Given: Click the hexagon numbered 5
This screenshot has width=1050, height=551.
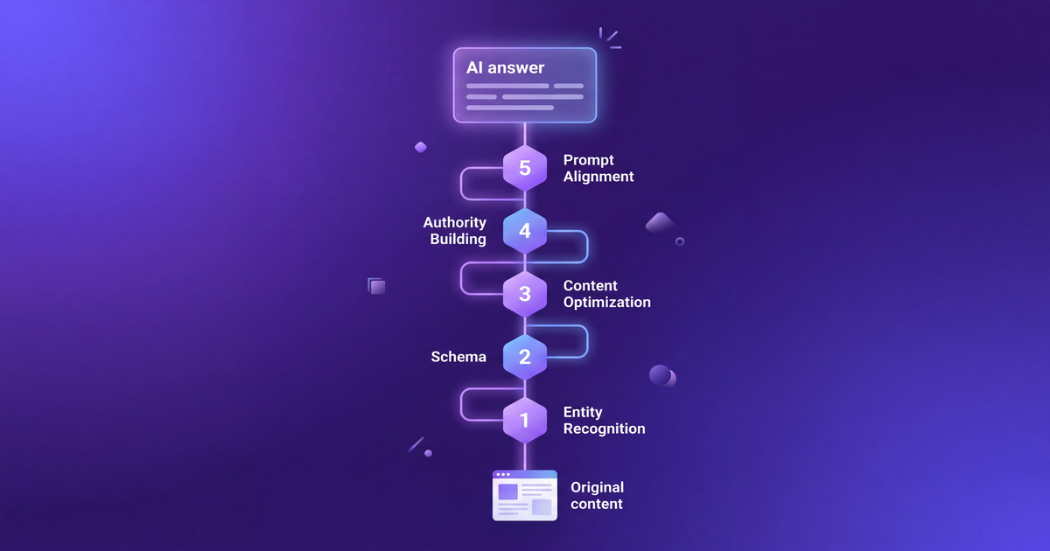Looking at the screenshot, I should click(x=525, y=168).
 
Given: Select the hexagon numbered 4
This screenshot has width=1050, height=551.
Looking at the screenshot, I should click(x=525, y=231).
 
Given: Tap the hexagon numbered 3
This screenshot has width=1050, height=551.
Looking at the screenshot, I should click(x=525, y=294).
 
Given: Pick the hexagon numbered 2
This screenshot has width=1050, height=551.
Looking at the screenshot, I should click(x=525, y=357).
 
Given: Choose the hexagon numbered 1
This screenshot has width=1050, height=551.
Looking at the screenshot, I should click(x=525, y=420).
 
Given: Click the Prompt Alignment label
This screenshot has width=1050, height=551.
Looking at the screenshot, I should click(x=598, y=168).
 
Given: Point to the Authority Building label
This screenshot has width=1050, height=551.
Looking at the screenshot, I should click(x=455, y=231).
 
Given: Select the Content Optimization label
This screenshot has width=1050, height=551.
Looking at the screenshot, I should click(x=606, y=294).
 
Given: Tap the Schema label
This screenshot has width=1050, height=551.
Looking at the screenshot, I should click(x=458, y=357).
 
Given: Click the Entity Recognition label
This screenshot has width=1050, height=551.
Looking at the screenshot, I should click(x=604, y=420).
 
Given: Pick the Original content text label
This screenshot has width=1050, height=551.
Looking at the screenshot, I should click(x=597, y=495).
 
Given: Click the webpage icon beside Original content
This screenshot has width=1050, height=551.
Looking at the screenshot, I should click(x=525, y=495).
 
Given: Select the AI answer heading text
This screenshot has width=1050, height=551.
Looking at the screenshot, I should click(x=505, y=68).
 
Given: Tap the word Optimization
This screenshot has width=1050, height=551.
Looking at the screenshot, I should click(x=606, y=303).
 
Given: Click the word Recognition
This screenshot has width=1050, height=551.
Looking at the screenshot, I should click(x=604, y=429).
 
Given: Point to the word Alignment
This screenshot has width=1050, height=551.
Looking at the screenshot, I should click(x=598, y=177).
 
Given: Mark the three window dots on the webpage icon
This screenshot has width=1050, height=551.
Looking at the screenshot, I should click(x=503, y=475).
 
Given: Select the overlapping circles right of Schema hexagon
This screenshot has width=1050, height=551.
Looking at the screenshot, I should click(x=662, y=376).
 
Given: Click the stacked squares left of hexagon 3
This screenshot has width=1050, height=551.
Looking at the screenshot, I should click(x=377, y=286).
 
